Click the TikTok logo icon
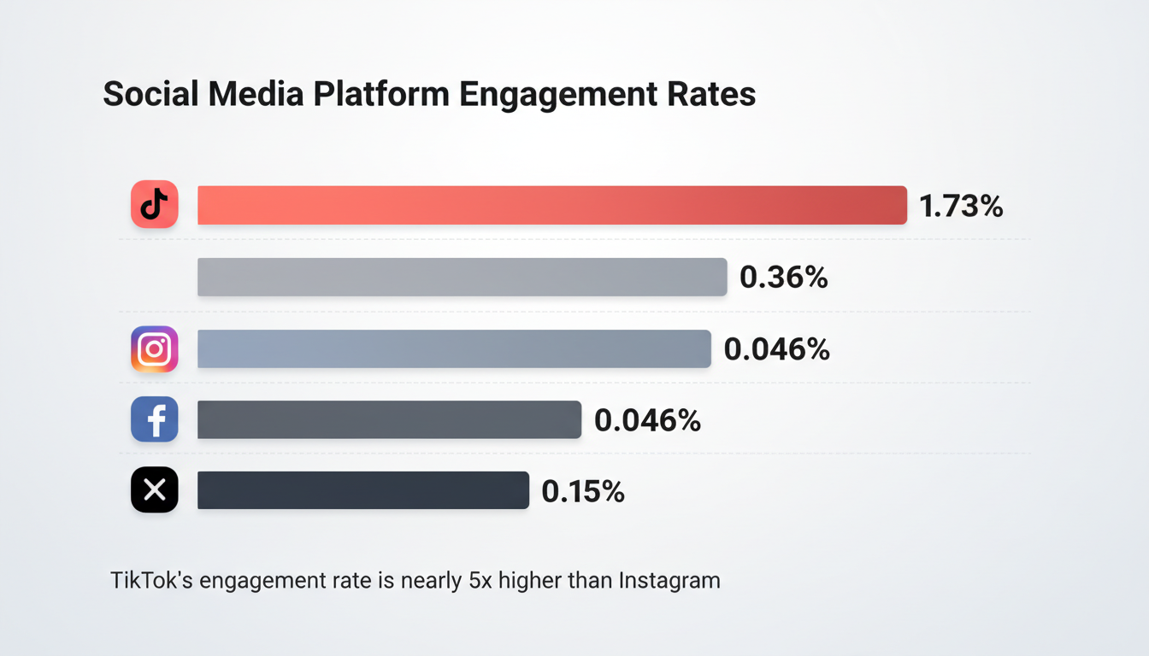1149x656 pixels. coord(155,205)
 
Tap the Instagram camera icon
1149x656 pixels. coord(155,349)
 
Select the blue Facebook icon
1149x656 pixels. coord(155,419)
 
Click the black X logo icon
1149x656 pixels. coord(155,490)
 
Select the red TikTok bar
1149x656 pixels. coord(551,205)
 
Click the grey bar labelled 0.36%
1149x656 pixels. coord(462,278)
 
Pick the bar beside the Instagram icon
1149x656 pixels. coord(454,349)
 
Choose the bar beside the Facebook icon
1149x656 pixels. coord(389,419)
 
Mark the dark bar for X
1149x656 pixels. coord(363,490)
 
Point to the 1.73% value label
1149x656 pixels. coord(961,206)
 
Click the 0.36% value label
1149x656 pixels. coord(784,278)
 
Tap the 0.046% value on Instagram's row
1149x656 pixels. coord(776,349)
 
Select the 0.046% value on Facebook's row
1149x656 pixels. coord(647,420)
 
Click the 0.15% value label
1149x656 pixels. coord(583,491)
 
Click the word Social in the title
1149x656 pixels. coord(150,94)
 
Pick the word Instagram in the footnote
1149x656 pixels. coord(669,581)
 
